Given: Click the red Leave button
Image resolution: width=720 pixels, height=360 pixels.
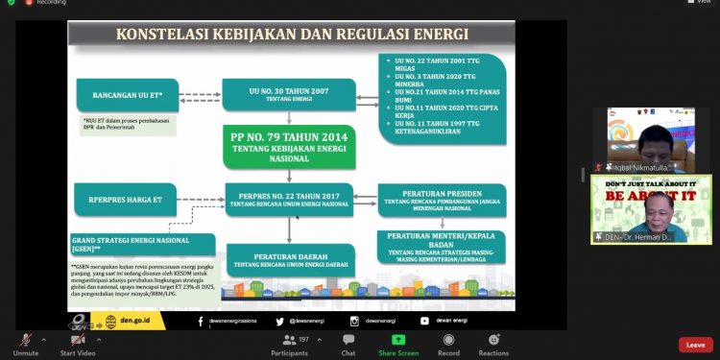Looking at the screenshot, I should coord(695,345).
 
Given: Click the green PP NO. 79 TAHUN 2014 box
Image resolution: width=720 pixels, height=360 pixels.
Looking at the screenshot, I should coord(288,148).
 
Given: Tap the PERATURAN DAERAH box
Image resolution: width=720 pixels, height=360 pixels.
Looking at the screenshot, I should coord(288,258).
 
